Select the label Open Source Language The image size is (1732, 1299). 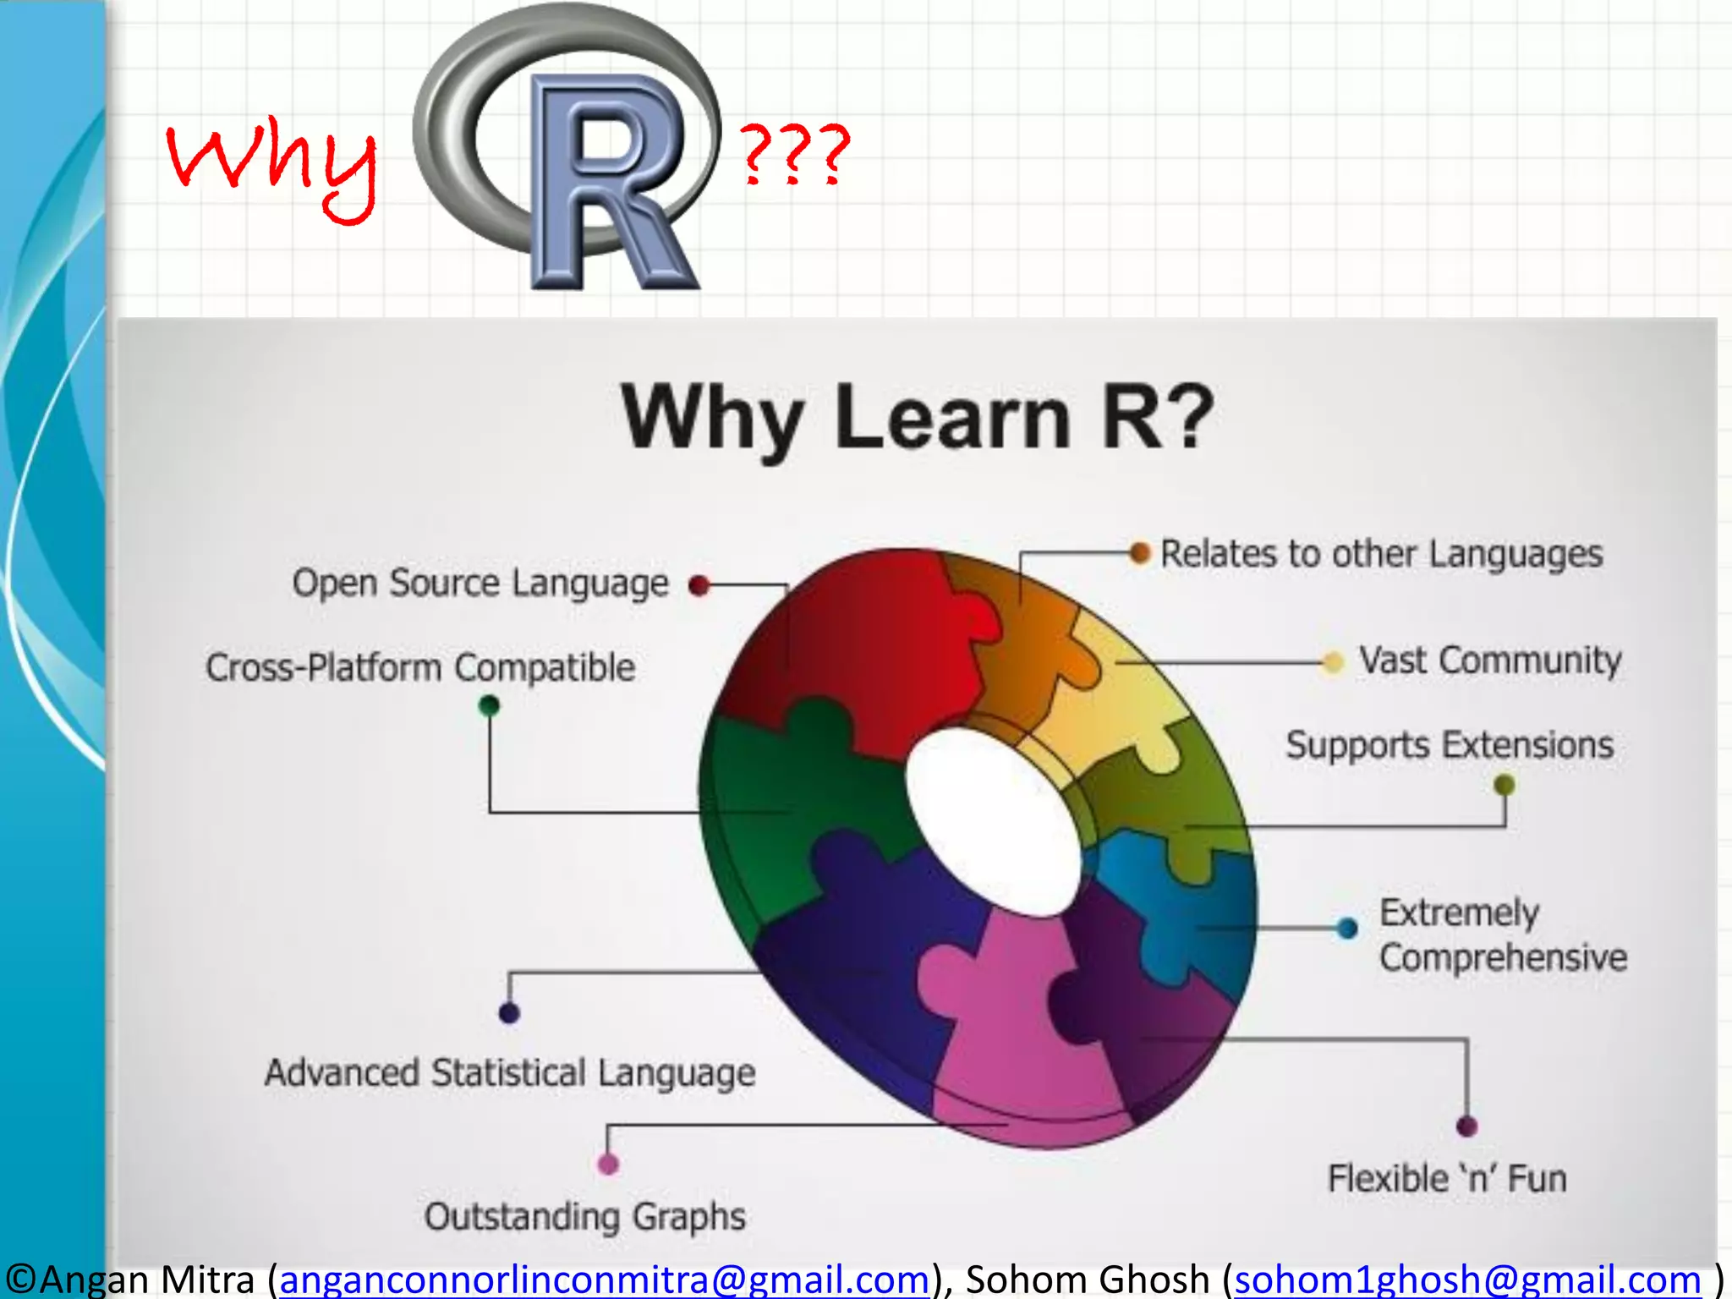pos(480,584)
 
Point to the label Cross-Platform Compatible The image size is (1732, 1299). pos(420,667)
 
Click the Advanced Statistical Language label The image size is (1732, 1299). pos(510,1072)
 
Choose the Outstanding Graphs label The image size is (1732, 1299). pos(585,1216)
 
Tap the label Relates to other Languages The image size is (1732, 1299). pos(1381,554)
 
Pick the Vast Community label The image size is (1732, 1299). pos(1490,660)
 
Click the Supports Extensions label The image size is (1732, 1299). pos(1450,745)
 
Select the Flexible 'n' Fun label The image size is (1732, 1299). pos(1447,1178)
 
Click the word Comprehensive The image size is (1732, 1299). pos(1503,957)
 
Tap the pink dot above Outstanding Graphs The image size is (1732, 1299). pos(608,1164)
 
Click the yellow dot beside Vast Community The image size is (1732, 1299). pos(1333,662)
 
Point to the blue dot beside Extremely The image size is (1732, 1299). pos(1348,929)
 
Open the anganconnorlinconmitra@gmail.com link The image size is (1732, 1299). pos(605,1279)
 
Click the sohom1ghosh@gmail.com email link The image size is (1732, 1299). pos(1467,1279)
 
